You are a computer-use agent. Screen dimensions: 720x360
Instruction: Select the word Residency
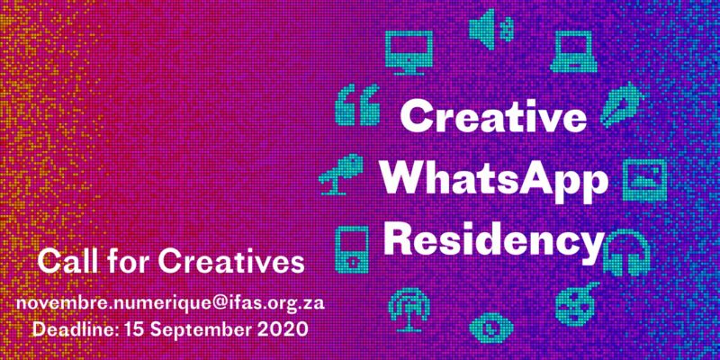493,243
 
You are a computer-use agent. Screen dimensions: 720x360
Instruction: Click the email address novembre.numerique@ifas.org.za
170,303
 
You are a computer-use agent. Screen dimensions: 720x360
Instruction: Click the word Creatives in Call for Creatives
231,261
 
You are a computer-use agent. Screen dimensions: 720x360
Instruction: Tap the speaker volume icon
490,29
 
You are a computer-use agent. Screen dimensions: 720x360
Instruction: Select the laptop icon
574,51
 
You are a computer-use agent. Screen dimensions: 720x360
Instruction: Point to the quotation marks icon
357,104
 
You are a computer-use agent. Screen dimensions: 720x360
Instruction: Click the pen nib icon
620,104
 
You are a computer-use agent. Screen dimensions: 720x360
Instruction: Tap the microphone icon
341,175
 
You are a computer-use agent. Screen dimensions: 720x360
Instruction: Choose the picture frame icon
644,180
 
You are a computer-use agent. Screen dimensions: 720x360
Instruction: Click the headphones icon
626,253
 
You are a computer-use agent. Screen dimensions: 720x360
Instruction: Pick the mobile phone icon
352,249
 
